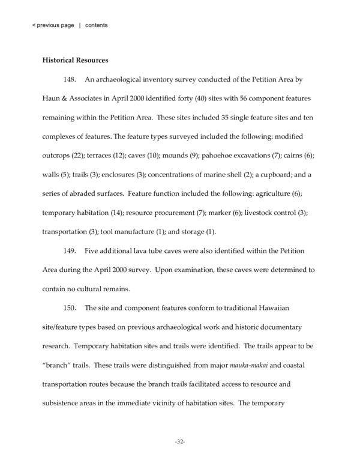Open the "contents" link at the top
coord(97,25)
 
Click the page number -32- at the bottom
coord(180,441)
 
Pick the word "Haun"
coord(51,97)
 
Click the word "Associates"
coord(82,97)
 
